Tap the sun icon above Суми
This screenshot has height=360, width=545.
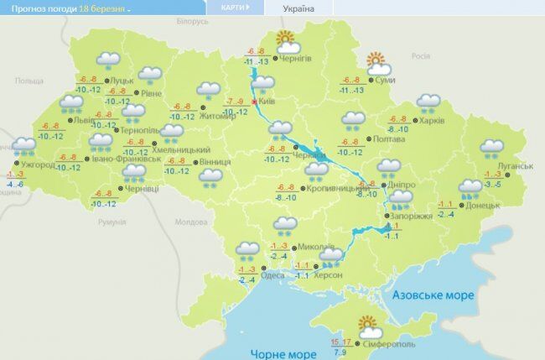(376, 60)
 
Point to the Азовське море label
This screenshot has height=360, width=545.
(434, 295)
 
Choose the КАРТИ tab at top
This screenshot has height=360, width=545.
(234, 8)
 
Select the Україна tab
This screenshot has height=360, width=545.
(299, 8)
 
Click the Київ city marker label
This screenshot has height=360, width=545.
(266, 102)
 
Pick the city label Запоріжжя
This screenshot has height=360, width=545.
(413, 216)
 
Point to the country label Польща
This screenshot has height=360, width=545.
(29, 80)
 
